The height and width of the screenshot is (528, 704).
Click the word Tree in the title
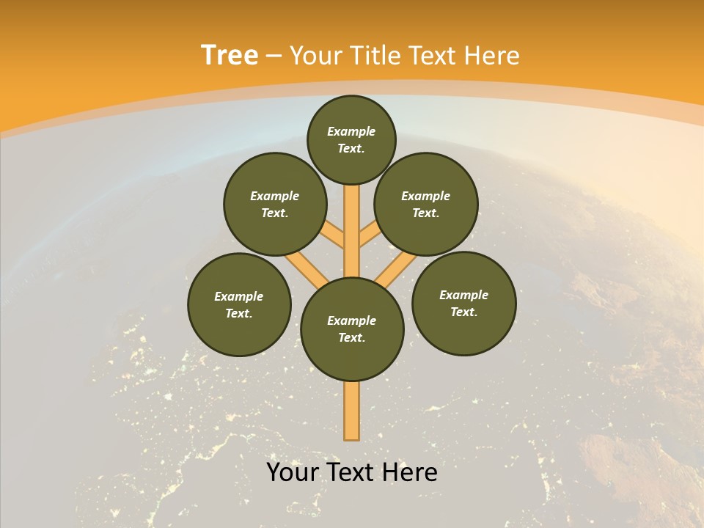(x=230, y=55)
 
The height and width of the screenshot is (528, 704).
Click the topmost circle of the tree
(x=351, y=139)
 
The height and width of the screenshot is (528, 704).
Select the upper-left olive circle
(x=275, y=204)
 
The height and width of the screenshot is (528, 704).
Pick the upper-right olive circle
(x=426, y=204)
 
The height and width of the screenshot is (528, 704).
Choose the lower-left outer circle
(x=239, y=304)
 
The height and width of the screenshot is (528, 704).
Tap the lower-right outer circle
(x=463, y=303)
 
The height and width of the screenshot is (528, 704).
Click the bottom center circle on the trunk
(x=352, y=329)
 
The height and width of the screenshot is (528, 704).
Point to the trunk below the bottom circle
(x=352, y=411)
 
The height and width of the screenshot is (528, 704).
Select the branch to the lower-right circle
(x=396, y=269)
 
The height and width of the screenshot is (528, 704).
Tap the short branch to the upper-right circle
(x=368, y=234)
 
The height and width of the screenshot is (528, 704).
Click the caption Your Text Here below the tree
(x=352, y=472)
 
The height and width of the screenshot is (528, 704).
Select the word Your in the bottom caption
(x=293, y=472)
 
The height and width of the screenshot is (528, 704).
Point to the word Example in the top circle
(x=351, y=131)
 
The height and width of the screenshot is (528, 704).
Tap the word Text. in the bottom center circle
(x=352, y=337)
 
